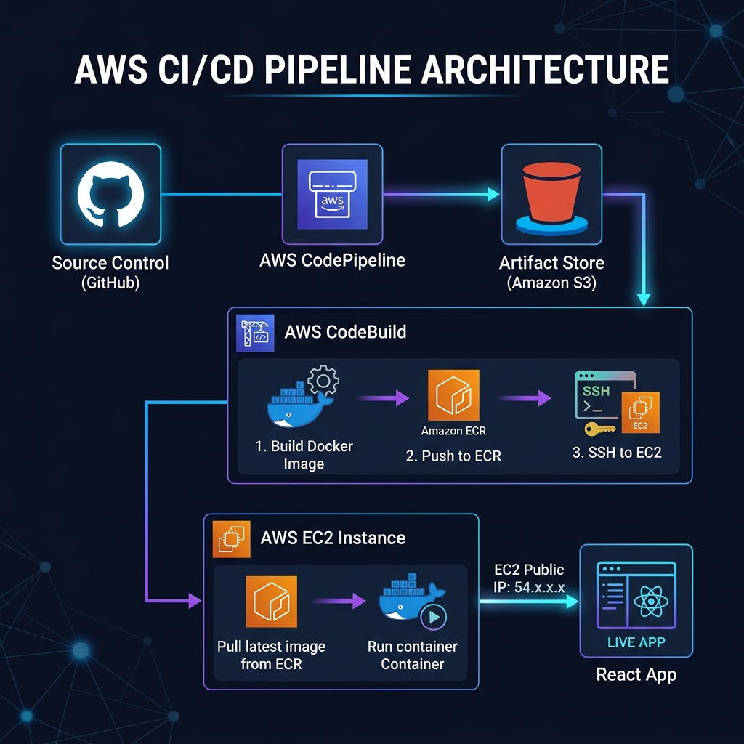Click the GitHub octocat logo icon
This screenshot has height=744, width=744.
110,194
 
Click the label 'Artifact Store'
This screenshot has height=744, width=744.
551,263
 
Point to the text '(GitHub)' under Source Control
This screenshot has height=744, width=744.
110,283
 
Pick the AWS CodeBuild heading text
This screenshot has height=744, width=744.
345,333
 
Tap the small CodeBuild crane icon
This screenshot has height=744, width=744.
256,333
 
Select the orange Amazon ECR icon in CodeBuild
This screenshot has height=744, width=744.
453,395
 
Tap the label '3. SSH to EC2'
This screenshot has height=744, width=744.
617,452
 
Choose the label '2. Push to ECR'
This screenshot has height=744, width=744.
453,456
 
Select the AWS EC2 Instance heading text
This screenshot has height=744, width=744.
333,538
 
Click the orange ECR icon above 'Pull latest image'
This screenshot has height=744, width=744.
272,601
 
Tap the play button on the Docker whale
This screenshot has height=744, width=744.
434,617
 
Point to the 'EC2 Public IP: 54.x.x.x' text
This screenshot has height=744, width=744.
528,578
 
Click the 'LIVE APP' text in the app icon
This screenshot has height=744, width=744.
636,642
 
